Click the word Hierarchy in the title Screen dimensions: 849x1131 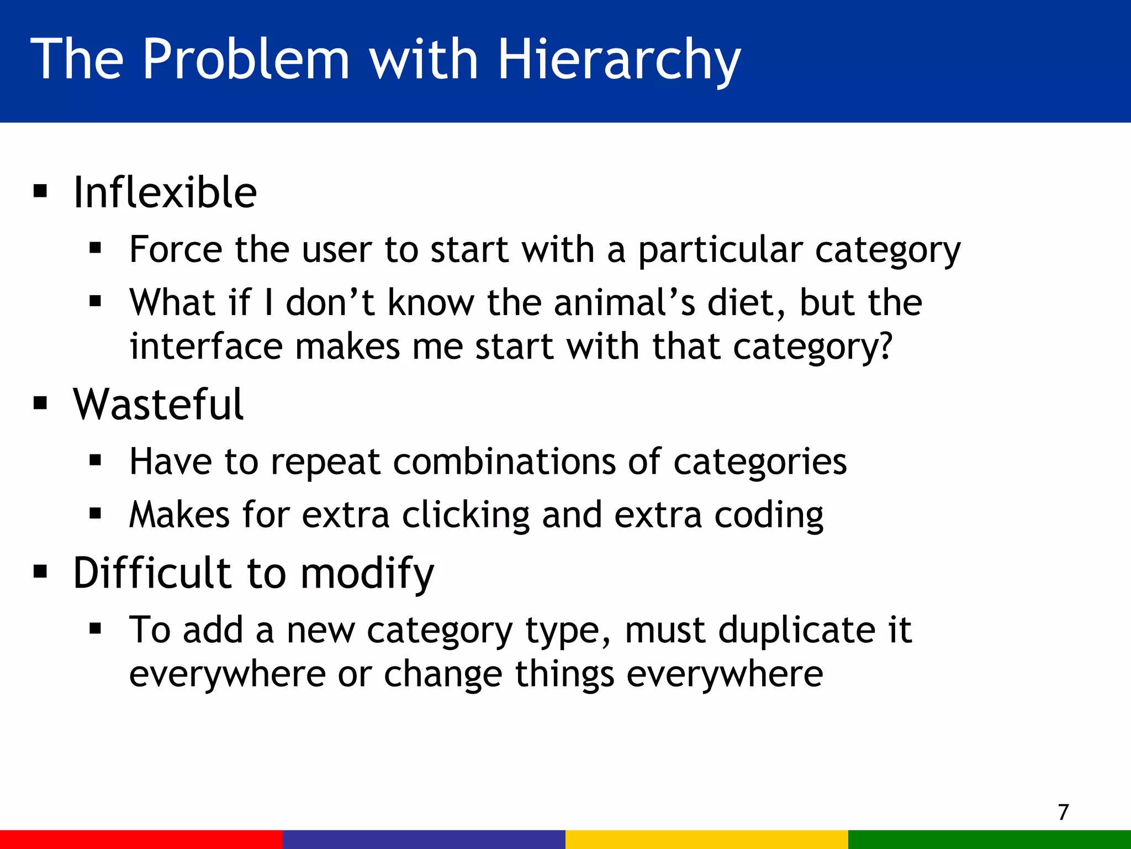[619, 60]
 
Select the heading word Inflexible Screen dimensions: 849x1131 [165, 192]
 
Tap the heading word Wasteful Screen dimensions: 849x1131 [158, 405]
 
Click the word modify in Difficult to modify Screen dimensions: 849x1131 [367, 574]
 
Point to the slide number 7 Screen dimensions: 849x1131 [1063, 812]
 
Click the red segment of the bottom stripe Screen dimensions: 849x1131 [141, 839]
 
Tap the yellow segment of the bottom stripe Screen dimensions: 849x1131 [707, 839]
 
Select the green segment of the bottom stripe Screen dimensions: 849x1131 [990, 839]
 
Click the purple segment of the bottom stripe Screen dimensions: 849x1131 [424, 839]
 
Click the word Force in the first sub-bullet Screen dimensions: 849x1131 [176, 249]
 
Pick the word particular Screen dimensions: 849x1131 [720, 250]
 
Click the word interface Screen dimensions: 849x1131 [206, 347]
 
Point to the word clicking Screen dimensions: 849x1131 [466, 515]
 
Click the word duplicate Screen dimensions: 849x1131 [796, 630]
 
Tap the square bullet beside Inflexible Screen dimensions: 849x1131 [40, 192]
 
